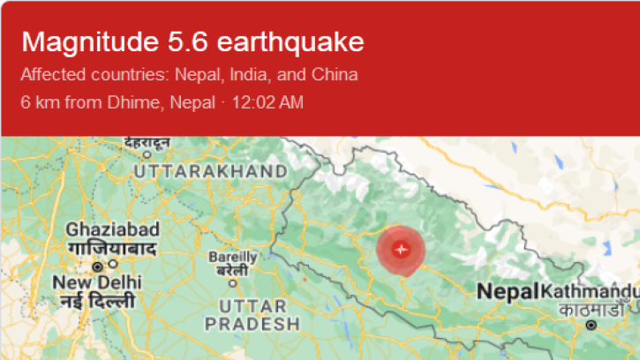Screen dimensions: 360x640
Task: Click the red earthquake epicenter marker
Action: click(x=401, y=249)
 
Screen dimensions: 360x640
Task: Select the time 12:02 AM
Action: click(x=267, y=102)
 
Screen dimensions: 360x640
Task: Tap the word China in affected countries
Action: click(x=337, y=74)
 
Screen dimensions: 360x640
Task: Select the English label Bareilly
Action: click(x=232, y=257)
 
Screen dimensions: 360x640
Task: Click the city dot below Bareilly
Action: click(x=232, y=283)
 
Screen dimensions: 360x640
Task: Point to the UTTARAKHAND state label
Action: click(x=215, y=171)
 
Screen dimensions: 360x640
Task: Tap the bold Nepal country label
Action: click(x=508, y=290)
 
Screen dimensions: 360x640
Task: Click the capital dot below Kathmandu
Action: click(x=591, y=325)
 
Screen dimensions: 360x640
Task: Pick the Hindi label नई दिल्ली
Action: click(x=98, y=302)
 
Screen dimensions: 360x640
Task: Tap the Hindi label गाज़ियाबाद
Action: click(x=112, y=249)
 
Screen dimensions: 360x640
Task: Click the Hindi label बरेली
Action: click(x=232, y=270)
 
